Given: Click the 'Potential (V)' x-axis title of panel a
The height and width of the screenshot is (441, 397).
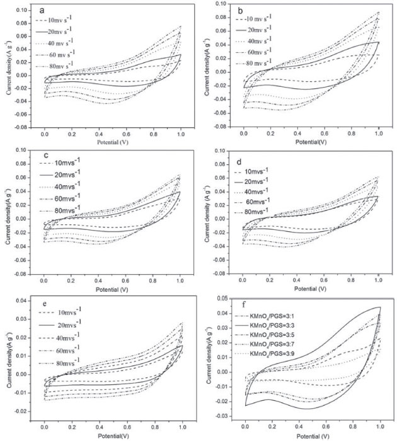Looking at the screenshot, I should coord(112,144).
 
